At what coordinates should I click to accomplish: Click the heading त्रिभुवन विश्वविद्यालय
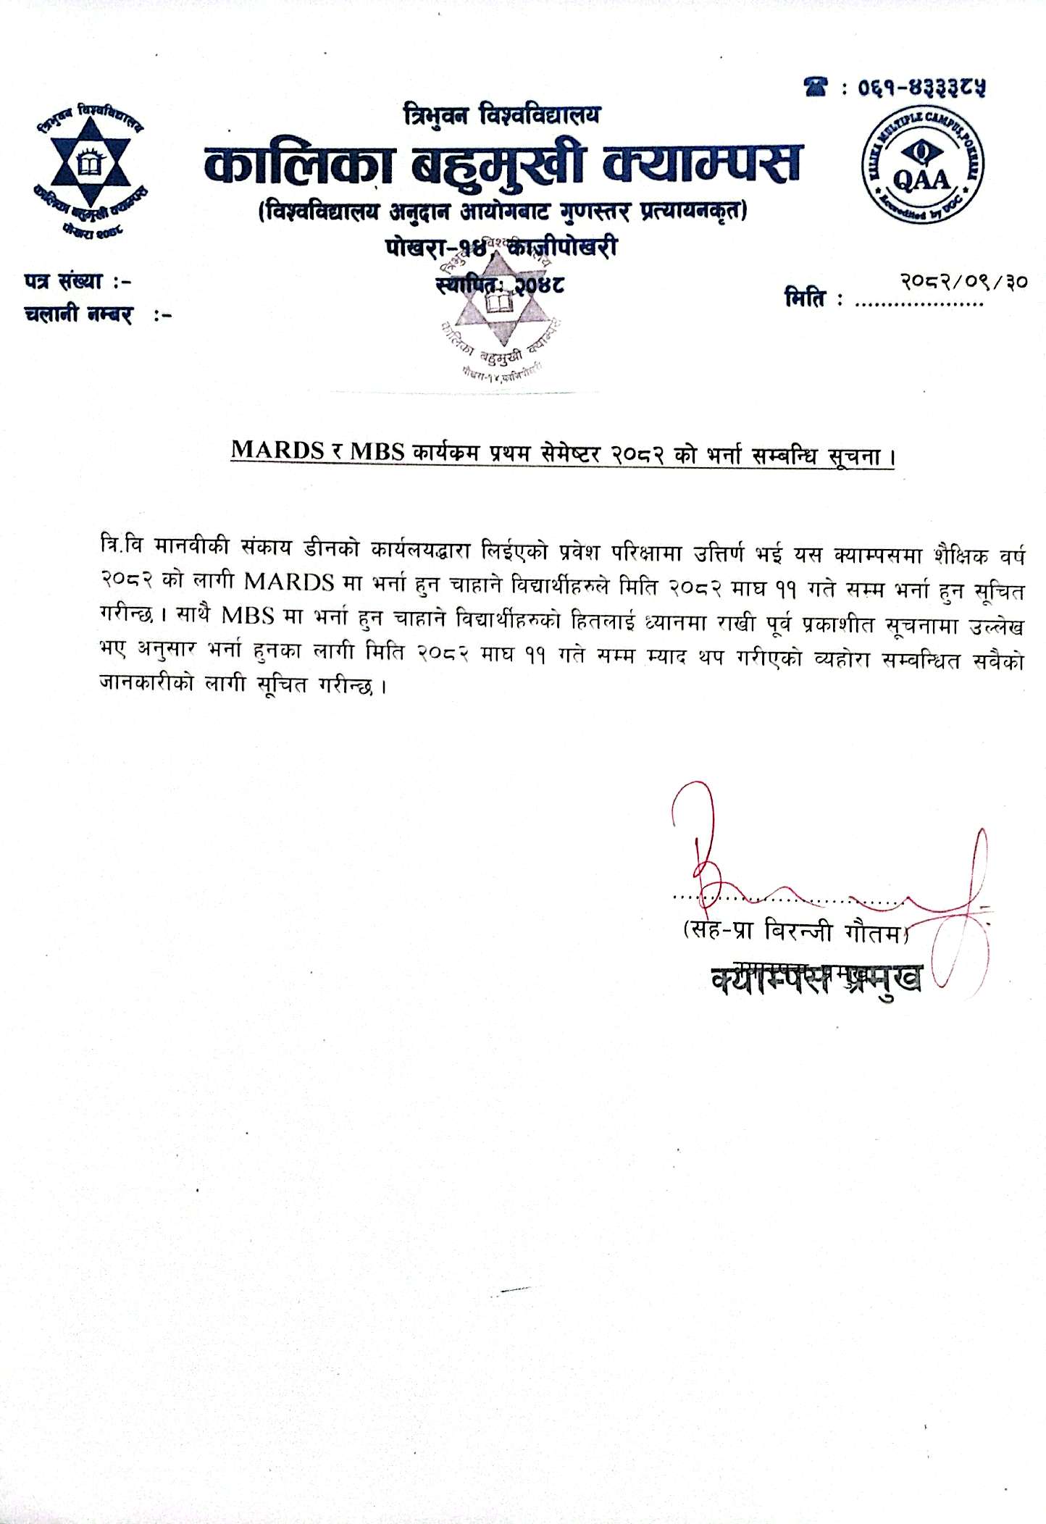(x=502, y=115)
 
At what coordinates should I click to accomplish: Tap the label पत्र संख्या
(x=69, y=281)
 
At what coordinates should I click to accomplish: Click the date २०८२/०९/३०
(x=963, y=281)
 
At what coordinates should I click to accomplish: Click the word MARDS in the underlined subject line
(x=277, y=451)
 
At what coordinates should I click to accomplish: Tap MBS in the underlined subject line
(x=377, y=451)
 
